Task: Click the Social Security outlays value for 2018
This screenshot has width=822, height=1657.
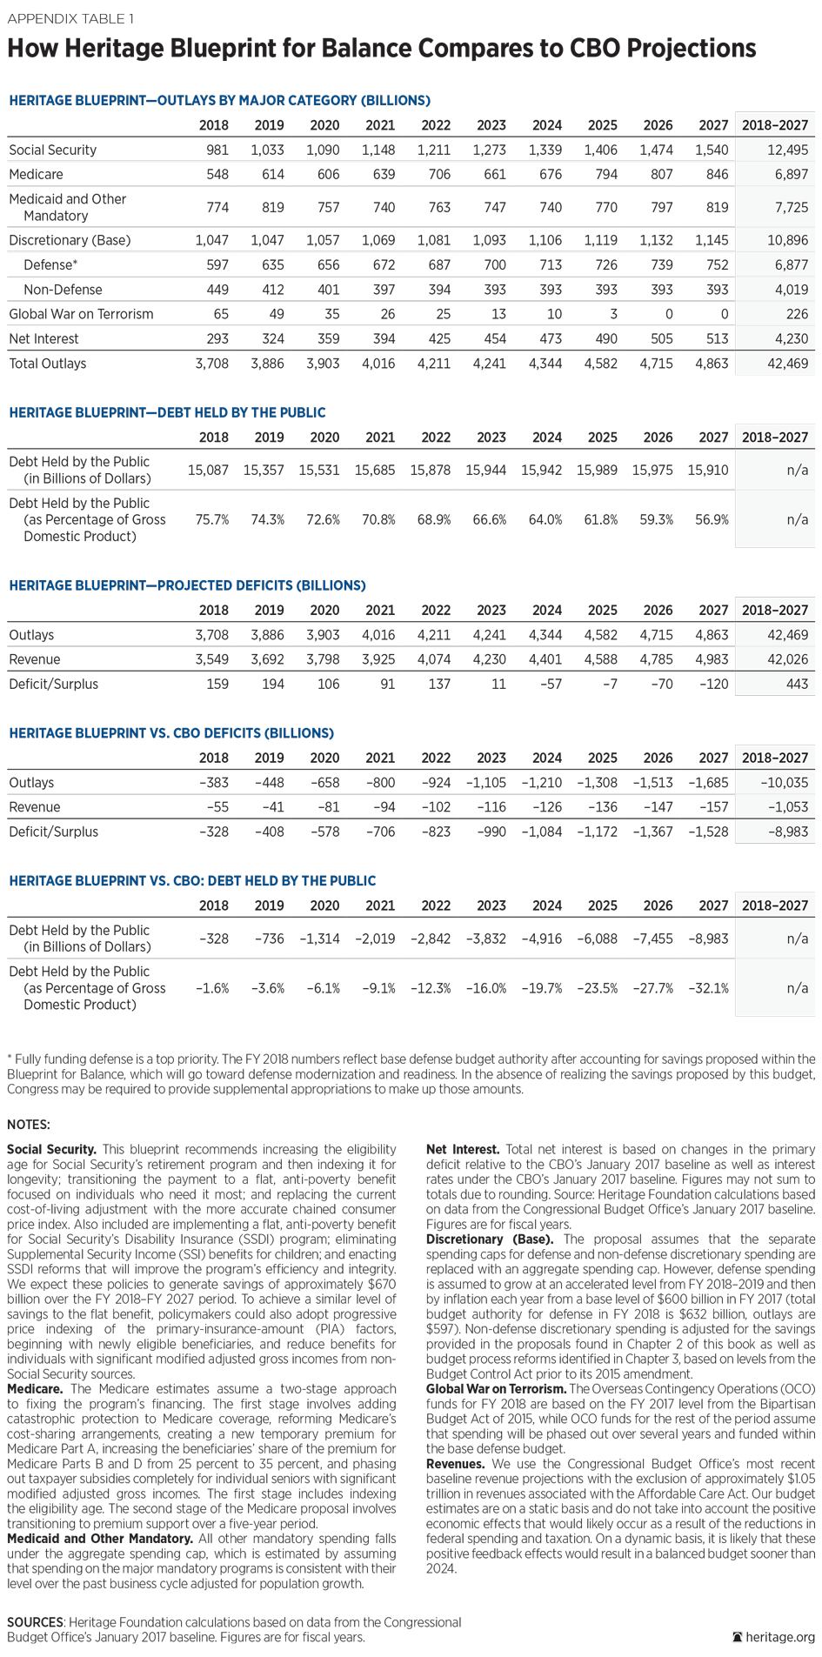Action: (217, 150)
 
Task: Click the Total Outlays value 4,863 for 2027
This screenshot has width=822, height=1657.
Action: (712, 364)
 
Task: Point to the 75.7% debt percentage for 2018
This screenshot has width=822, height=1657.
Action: (211, 519)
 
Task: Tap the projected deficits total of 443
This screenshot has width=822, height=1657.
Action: (797, 684)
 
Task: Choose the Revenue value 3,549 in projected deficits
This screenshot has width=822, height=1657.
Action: (211, 659)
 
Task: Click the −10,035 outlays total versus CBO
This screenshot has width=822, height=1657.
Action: (784, 782)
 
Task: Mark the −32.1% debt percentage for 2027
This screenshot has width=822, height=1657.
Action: (708, 988)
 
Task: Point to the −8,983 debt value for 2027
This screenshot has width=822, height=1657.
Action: (708, 939)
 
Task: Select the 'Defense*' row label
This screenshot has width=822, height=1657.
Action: (50, 264)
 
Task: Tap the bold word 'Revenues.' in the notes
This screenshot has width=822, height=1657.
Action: (455, 1464)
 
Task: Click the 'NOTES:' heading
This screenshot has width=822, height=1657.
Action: (29, 1125)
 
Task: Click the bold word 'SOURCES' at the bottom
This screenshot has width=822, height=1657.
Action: (35, 1622)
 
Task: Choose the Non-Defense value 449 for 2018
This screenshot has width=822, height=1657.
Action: (217, 290)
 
